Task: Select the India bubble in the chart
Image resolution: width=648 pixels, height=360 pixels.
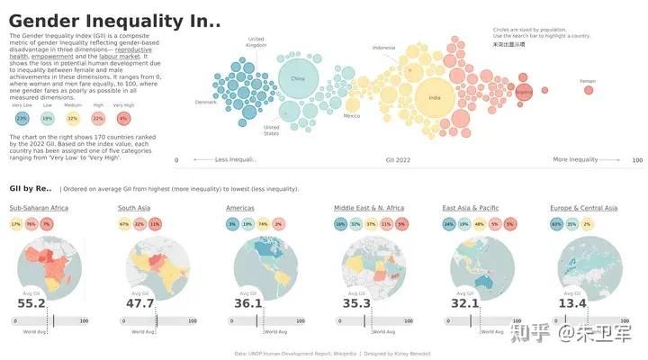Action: point(435,96)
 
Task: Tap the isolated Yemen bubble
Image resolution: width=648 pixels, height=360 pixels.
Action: point(588,92)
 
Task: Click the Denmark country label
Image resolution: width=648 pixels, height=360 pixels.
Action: point(206,102)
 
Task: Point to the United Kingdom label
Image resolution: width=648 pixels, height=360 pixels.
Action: point(256,41)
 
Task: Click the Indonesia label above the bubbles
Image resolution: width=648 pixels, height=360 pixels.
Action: point(383,48)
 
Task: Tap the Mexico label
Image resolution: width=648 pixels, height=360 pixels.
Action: point(352,115)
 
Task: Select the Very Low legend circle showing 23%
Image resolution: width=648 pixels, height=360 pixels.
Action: point(21,118)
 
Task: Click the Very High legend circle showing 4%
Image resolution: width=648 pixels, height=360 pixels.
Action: point(122,118)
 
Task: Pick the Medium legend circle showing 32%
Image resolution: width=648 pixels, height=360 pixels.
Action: point(72,118)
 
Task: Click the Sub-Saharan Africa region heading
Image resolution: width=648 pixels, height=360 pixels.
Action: point(40,208)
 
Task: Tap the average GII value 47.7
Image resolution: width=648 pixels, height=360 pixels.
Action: point(139,303)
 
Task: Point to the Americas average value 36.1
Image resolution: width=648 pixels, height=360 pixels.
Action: point(247,303)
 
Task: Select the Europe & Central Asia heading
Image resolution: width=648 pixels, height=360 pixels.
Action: point(583,208)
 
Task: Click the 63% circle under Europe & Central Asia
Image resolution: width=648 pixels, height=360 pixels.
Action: point(556,224)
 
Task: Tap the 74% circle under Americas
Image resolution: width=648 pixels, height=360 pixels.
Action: point(263,224)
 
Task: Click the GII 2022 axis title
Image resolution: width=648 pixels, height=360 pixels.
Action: point(398,160)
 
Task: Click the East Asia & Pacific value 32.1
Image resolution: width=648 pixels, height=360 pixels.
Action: point(464,303)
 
